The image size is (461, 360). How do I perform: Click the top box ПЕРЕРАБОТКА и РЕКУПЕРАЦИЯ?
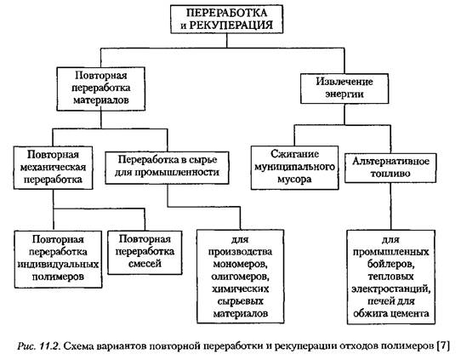click(227, 19)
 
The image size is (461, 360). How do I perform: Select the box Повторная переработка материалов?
click(101, 89)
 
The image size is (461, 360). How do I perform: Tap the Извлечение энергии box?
click(344, 89)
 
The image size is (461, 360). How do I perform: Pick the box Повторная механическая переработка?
click(53, 168)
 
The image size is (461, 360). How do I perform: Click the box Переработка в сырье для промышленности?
click(167, 168)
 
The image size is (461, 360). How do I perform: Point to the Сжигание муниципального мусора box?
click(294, 168)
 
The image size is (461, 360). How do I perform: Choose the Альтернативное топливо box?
click(390, 168)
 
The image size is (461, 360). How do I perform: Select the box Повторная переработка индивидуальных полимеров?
click(58, 259)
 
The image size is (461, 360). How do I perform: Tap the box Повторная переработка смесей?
click(145, 253)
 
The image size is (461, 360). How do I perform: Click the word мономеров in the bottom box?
click(240, 264)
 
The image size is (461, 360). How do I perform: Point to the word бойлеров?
click(390, 264)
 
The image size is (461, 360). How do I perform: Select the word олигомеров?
click(240, 277)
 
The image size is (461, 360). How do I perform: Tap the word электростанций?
click(390, 289)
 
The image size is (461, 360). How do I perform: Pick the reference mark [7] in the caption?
click(444, 346)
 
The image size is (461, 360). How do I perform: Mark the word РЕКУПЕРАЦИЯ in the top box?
click(230, 25)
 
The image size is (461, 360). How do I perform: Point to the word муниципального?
click(294, 167)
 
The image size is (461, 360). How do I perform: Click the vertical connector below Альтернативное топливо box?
click(390, 206)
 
